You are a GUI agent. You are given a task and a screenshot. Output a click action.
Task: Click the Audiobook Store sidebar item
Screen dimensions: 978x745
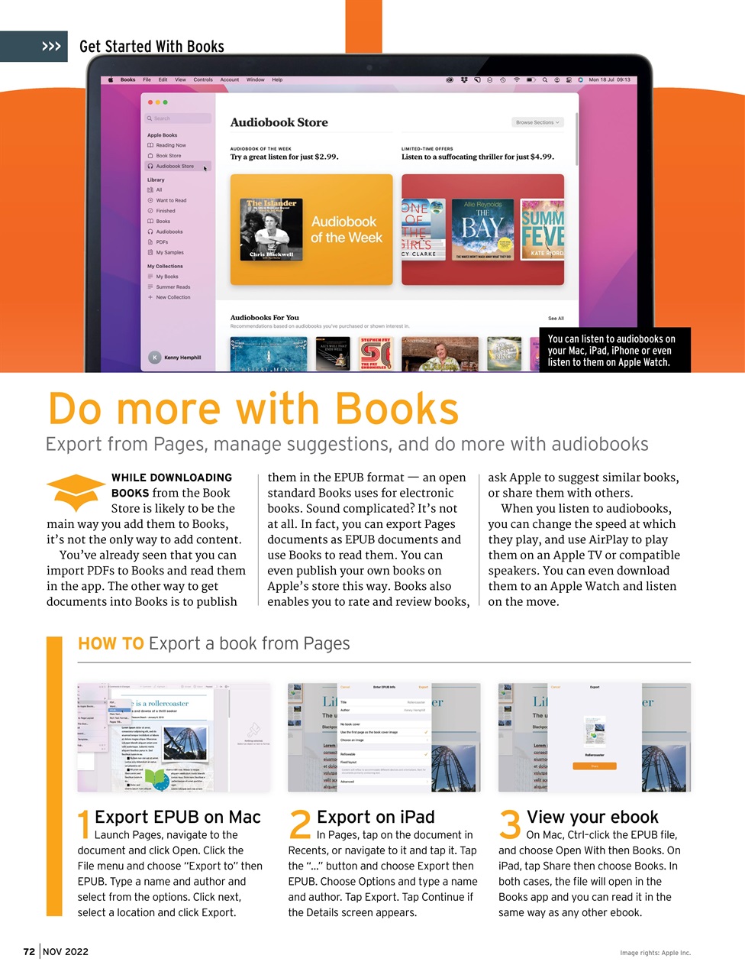coord(174,166)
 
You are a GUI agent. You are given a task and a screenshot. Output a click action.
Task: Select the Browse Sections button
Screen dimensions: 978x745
coord(537,122)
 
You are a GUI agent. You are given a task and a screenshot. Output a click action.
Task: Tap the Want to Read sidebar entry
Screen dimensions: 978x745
coord(171,200)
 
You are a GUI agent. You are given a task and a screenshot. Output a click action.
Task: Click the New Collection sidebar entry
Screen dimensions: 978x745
coord(173,297)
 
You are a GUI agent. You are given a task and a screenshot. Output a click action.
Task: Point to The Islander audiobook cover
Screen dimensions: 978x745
coord(272,229)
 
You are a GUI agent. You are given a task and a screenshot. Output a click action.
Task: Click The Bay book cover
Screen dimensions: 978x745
coord(482,229)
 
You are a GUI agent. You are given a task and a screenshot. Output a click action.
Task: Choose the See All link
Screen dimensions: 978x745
coord(556,318)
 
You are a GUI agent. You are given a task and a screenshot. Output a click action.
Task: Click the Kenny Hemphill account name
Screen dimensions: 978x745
coord(182,357)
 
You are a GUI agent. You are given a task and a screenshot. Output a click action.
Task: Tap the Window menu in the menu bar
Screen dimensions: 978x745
coord(255,79)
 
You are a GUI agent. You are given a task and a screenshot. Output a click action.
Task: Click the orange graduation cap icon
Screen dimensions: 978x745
coord(76,491)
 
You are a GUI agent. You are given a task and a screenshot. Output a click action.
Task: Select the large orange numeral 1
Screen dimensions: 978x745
coord(84,825)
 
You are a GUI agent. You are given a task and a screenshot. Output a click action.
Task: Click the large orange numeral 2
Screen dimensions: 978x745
coord(300,825)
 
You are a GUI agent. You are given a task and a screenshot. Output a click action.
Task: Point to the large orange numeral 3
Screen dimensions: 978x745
coord(510,825)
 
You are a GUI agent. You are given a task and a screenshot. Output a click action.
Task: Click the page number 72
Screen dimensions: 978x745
coord(29,951)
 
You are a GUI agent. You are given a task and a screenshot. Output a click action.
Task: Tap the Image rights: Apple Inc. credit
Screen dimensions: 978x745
coord(655,953)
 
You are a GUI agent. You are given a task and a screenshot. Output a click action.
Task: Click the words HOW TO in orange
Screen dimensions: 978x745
coord(111,643)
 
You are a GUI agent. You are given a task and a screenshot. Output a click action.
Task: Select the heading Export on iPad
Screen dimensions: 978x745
coord(376,817)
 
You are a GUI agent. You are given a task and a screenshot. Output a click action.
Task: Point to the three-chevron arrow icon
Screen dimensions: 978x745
coord(51,47)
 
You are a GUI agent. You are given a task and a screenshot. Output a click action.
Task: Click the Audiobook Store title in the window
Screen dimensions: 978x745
coord(279,122)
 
